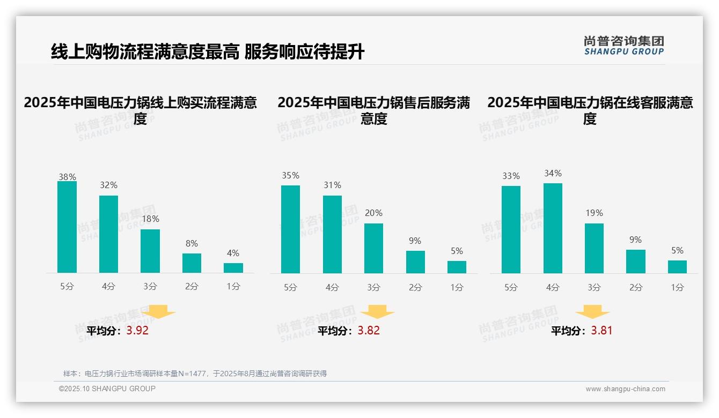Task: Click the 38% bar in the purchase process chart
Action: tap(67, 227)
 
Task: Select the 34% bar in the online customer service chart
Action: tap(553, 228)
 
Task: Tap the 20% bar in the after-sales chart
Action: tap(373, 248)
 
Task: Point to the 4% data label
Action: tap(233, 253)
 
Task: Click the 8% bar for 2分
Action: tap(192, 263)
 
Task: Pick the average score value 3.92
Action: tap(137, 331)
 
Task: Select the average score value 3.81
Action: tap(601, 331)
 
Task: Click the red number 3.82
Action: tap(369, 331)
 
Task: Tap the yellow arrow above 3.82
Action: tap(377, 312)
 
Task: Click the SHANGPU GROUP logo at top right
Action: tap(623, 46)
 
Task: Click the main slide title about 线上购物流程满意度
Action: tap(208, 51)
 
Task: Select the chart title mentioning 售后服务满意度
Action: tap(373, 110)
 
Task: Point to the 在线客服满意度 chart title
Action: tap(590, 110)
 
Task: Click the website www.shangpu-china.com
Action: tap(625, 389)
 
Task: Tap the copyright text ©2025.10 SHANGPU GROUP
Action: tap(107, 389)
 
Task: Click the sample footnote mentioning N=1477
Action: tap(195, 374)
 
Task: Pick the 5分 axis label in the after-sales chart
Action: tap(290, 287)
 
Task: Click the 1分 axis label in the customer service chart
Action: tap(677, 287)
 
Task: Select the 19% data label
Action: tap(594, 213)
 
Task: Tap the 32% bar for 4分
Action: tap(108, 234)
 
